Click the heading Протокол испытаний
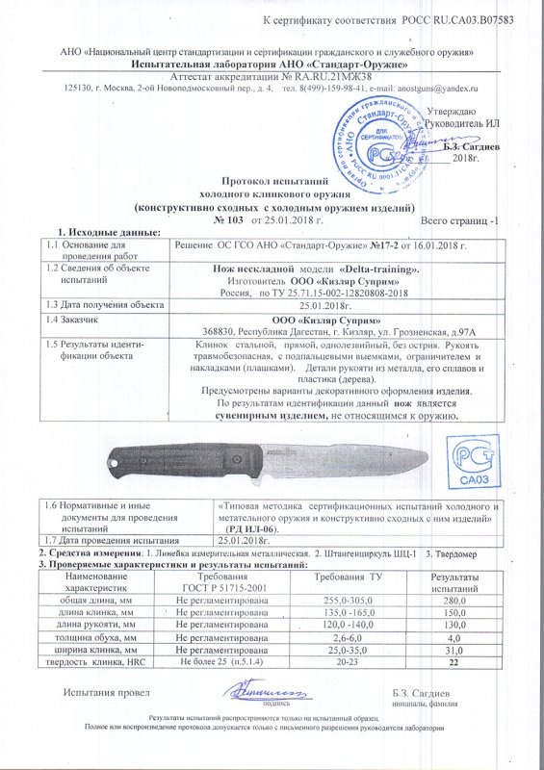pos(275,181)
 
